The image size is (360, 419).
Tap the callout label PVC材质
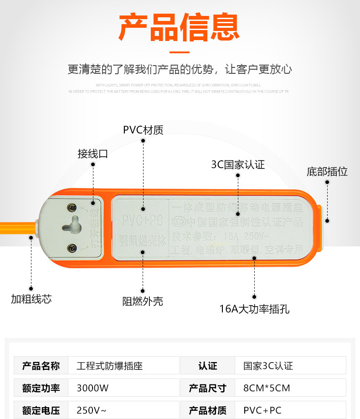click(x=143, y=130)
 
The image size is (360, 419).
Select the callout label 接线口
click(x=93, y=154)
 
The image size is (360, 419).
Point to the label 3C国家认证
click(x=238, y=164)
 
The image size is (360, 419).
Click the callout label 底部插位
click(x=327, y=172)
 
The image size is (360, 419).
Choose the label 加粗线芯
click(x=31, y=299)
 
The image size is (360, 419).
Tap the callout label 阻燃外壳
click(x=143, y=301)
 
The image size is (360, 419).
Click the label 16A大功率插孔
click(x=254, y=309)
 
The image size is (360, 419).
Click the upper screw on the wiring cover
click(x=72, y=207)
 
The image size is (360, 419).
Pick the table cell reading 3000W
click(x=93, y=388)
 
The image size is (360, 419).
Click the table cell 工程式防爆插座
click(x=107, y=366)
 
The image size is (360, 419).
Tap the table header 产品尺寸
click(x=208, y=388)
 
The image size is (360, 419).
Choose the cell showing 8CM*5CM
click(x=267, y=388)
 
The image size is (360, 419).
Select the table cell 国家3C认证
click(x=268, y=366)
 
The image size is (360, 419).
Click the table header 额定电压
click(x=41, y=410)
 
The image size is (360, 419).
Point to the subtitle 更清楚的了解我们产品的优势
click(x=180, y=69)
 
